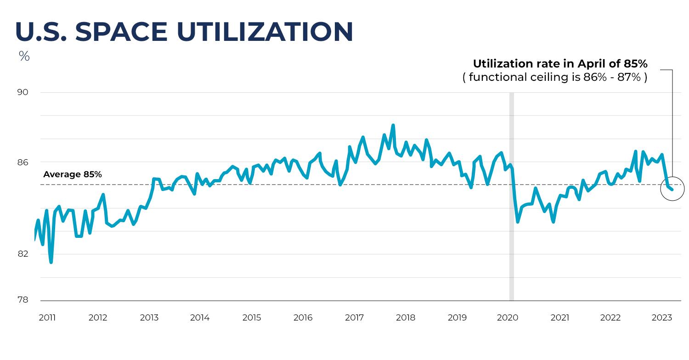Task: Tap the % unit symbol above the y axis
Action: (24, 57)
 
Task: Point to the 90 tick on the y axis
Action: (23, 92)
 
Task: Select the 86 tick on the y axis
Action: (23, 162)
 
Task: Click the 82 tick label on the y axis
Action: (23, 254)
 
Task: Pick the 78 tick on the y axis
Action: (23, 300)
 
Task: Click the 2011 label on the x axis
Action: (47, 318)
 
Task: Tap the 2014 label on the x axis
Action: (200, 318)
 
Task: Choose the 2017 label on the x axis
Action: (354, 318)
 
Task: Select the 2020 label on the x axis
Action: (508, 318)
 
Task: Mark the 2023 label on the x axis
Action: (662, 318)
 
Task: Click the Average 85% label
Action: (73, 174)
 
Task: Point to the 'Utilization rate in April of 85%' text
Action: (560, 64)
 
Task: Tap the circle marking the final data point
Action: (672, 189)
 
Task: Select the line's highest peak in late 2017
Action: (393, 125)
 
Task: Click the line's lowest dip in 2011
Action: (51, 262)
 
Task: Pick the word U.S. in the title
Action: (41, 32)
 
